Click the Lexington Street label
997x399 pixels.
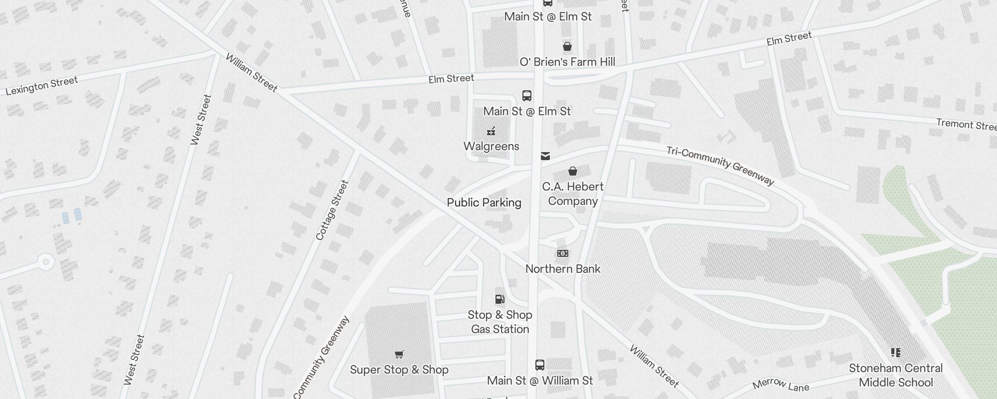[42, 85]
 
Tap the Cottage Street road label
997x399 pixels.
[332, 210]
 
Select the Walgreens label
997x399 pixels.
[492, 146]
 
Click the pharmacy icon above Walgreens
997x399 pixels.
[492, 131]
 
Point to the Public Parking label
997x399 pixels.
[484, 202]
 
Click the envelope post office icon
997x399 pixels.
[545, 156]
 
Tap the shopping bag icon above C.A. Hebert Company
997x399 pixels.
[573, 172]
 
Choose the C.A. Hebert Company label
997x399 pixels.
[573, 194]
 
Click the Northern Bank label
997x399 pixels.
[563, 269]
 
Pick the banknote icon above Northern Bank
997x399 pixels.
[563, 253]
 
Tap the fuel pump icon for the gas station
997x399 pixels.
[499, 299]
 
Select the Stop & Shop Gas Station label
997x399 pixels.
[500, 322]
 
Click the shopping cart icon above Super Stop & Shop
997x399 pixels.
[399, 355]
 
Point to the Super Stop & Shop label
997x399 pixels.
[399, 370]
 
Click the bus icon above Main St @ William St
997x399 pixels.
[540, 365]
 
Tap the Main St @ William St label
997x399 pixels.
[540, 381]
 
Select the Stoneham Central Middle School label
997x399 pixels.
[896, 375]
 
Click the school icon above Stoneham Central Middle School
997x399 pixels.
[896, 353]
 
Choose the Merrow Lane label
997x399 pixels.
[781, 384]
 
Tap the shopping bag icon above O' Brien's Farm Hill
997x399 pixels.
[567, 47]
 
